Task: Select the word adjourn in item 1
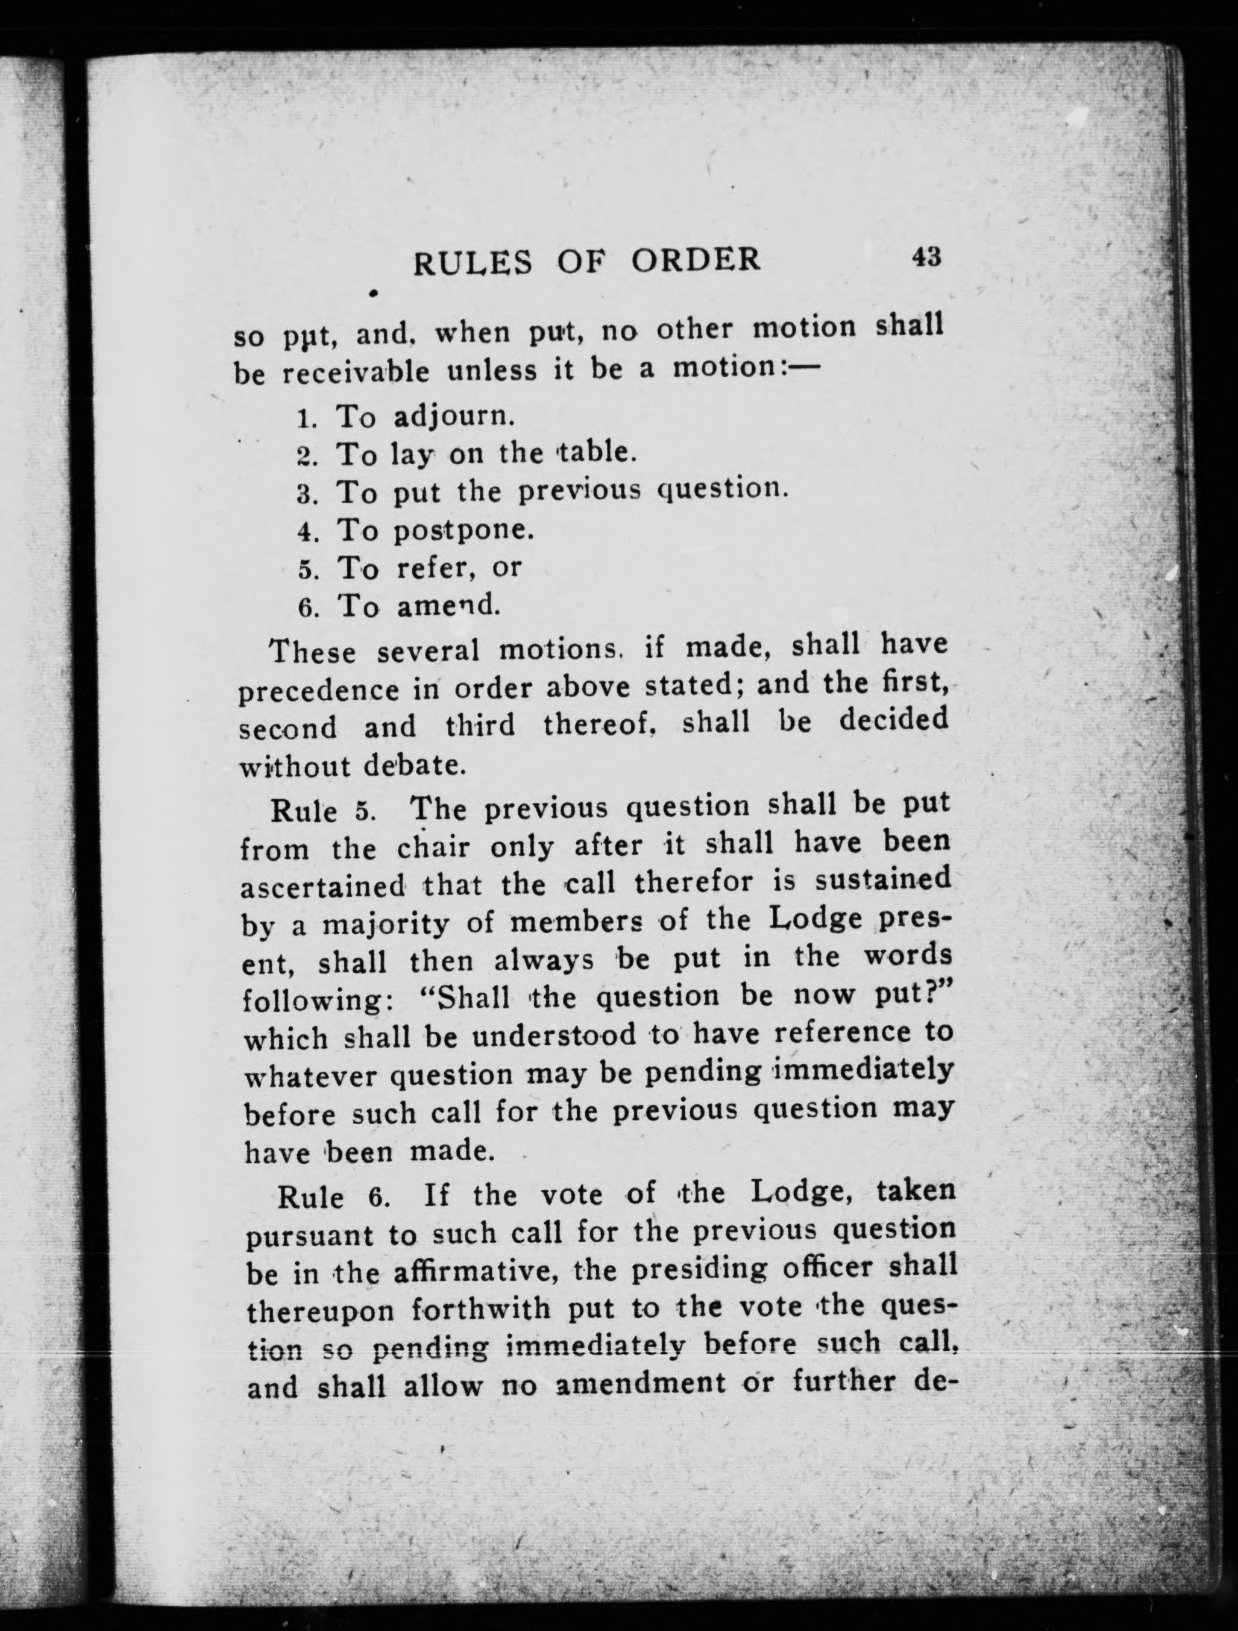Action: tap(452, 416)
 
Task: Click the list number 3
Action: tap(306, 493)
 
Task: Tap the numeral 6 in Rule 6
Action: tap(377, 1196)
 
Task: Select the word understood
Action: tap(553, 1036)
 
